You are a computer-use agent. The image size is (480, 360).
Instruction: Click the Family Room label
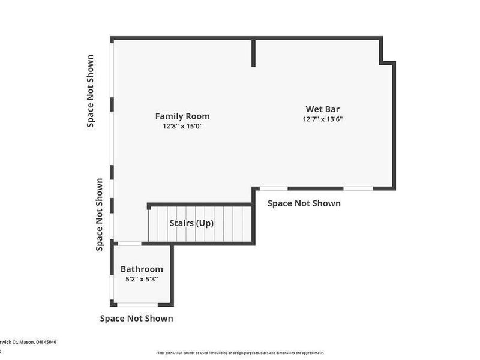182,116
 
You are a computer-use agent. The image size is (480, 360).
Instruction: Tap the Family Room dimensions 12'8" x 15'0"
182,127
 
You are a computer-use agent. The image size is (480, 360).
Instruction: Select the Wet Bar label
322,109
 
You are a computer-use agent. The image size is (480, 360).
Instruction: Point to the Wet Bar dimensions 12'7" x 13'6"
322,119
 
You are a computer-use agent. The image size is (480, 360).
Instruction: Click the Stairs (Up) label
191,223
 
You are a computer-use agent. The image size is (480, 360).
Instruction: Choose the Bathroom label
142,269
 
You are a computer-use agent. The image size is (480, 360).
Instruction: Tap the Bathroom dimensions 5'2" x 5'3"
142,279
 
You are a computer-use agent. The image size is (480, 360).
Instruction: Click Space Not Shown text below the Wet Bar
304,203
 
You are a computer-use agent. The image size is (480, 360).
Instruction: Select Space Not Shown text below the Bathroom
136,319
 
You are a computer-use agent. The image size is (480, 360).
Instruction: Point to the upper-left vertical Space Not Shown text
91,91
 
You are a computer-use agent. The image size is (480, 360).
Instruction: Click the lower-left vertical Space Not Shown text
100,214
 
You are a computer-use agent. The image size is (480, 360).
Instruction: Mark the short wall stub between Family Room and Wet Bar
254,53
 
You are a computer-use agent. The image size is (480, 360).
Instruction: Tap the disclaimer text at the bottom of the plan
240,353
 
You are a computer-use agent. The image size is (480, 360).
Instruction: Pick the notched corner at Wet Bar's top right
388,61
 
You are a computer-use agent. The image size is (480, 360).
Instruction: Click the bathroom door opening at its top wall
129,243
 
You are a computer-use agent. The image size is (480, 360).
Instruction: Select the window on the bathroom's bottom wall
137,305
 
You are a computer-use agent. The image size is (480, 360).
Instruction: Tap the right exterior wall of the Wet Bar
394,126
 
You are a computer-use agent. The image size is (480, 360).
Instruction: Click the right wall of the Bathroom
172,274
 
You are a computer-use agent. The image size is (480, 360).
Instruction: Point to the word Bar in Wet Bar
331,109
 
